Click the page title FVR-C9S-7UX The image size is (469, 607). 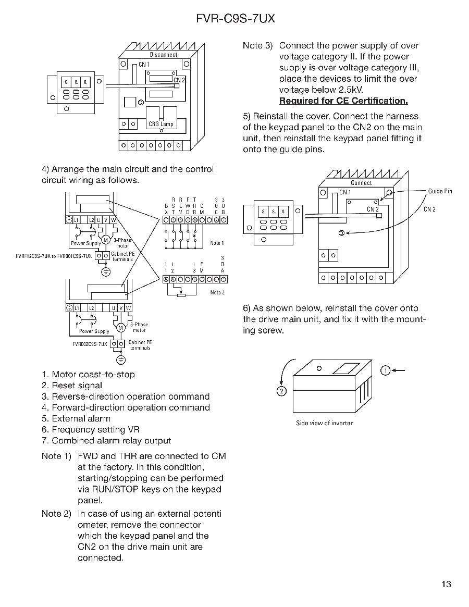(236, 19)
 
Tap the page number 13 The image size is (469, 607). (446, 584)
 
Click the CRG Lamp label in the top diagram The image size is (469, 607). (161, 125)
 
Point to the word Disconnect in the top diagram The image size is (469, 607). (164, 55)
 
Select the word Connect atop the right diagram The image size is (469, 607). (361, 183)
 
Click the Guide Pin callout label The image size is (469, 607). (440, 191)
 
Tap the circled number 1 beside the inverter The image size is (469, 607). (385, 370)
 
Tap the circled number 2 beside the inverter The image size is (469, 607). (281, 391)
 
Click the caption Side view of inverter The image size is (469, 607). (324, 423)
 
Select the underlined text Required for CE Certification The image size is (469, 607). (343, 101)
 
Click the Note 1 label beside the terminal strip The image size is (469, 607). (217, 243)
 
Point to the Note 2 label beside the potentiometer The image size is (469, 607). (217, 292)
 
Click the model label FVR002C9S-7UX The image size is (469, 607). (90, 344)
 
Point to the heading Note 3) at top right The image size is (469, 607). (257, 46)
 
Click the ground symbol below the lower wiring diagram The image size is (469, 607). (121, 360)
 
